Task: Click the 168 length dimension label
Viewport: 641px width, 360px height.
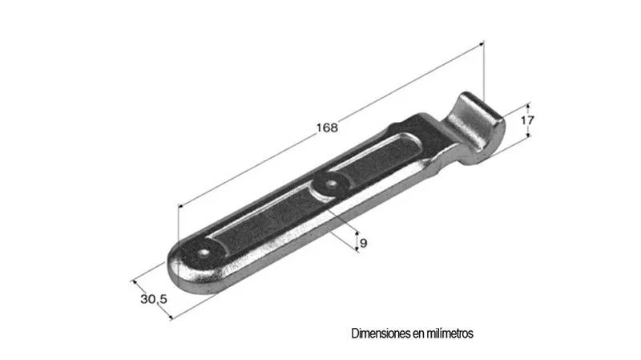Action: click(327, 127)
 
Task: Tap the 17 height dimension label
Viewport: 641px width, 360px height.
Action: click(527, 120)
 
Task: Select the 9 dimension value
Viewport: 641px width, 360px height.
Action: click(364, 244)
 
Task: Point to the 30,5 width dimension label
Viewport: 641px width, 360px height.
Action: click(154, 299)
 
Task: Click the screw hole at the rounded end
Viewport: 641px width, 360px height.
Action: click(204, 253)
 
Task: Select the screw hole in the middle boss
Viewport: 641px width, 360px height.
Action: click(331, 184)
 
